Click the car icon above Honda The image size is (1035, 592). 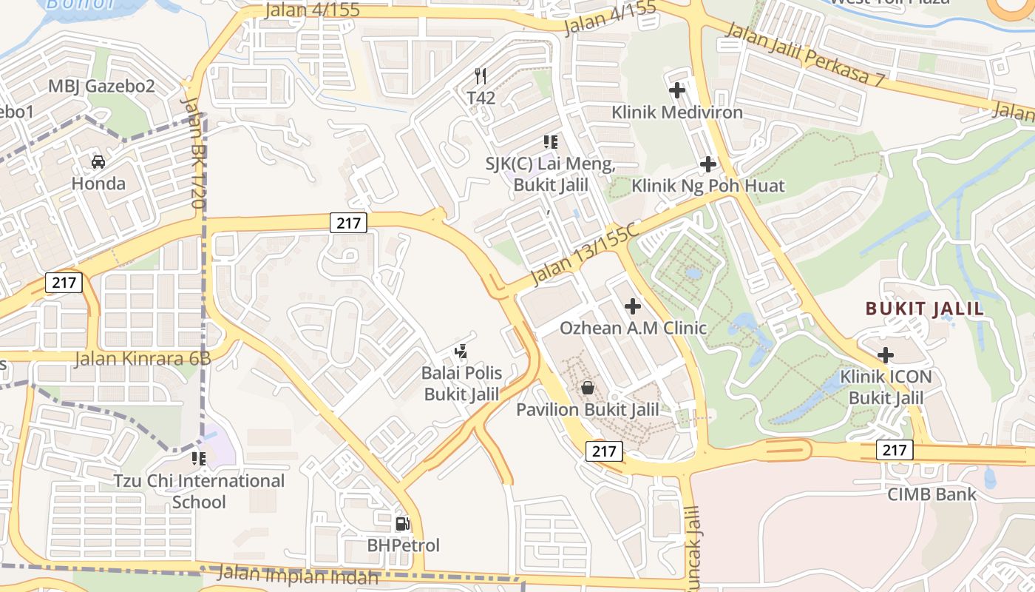pyautogui.click(x=98, y=161)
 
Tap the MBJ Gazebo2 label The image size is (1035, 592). pyautogui.click(x=101, y=86)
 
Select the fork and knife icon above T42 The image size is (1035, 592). pyautogui.click(x=481, y=75)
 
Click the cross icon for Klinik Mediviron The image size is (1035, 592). pyautogui.click(x=677, y=90)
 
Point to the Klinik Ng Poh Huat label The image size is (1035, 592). pyautogui.click(x=707, y=186)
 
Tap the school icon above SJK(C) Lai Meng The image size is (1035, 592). pyautogui.click(x=550, y=141)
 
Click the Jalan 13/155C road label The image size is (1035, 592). pyautogui.click(x=584, y=253)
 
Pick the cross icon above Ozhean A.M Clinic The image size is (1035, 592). pyautogui.click(x=633, y=305)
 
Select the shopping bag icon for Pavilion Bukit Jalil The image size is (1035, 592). pyautogui.click(x=587, y=387)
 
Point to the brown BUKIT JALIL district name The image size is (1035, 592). pyautogui.click(x=924, y=309)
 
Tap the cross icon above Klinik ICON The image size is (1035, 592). pyautogui.click(x=886, y=354)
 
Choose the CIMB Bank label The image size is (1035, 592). pyautogui.click(x=931, y=494)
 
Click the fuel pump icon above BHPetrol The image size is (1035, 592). pyautogui.click(x=402, y=524)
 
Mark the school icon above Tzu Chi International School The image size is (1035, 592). pyautogui.click(x=198, y=459)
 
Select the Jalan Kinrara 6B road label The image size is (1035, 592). pyautogui.click(x=143, y=359)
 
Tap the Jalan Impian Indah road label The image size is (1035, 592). pyautogui.click(x=299, y=574)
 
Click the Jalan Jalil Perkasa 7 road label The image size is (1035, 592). pyautogui.click(x=804, y=55)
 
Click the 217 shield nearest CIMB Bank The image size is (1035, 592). pyautogui.click(x=895, y=449)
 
